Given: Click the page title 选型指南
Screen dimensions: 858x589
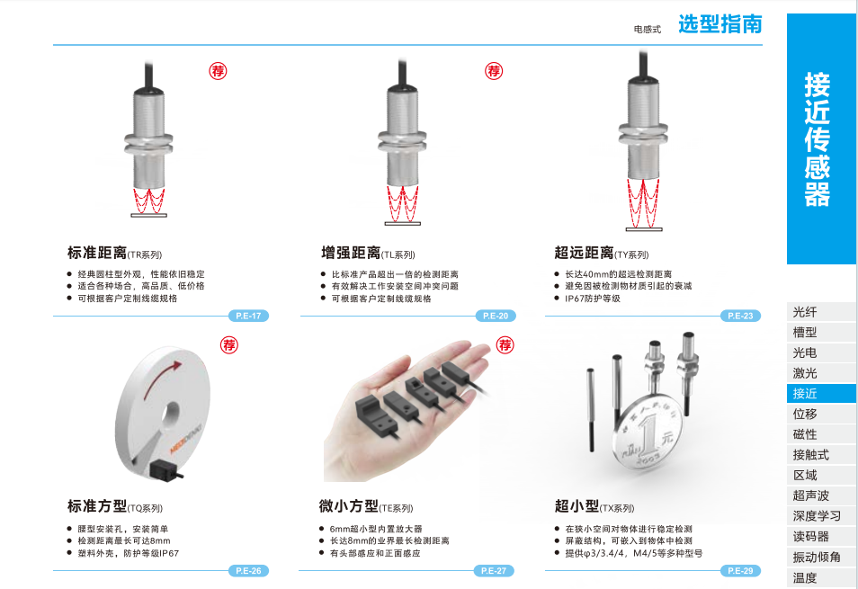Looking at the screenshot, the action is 720,24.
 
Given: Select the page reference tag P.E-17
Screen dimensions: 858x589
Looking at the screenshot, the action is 248,316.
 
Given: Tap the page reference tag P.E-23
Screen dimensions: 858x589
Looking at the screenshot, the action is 740,316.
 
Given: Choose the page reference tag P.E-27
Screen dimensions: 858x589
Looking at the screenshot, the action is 494,570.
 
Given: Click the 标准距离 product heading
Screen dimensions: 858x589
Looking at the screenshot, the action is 97,253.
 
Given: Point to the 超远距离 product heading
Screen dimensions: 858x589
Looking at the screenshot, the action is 584,253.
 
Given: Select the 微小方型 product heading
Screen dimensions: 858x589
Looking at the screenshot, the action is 349,506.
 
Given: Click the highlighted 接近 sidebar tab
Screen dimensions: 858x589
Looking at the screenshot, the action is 821,393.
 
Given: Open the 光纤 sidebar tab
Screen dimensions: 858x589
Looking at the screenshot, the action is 821,312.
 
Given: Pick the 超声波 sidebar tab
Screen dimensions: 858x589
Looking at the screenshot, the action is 821,495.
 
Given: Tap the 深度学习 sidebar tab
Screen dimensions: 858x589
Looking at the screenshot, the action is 821,516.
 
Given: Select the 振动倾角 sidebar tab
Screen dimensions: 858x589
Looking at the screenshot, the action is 821,557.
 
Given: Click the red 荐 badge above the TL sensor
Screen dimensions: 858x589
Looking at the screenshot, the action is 494,70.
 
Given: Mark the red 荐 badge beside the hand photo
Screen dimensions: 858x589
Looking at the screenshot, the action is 505,345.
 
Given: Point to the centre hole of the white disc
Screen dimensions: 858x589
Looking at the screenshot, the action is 172,414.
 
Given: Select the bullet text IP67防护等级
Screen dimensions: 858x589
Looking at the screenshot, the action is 593,299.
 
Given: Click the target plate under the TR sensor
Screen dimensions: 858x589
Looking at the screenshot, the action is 148,215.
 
